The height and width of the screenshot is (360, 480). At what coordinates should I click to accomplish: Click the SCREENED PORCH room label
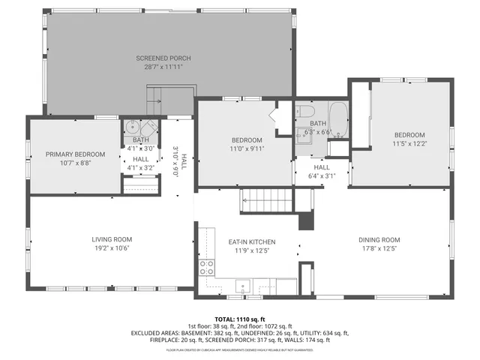click(163, 58)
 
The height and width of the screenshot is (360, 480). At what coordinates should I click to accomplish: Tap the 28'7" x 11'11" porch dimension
click(163, 67)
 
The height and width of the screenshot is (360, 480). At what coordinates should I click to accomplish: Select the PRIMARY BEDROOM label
click(75, 154)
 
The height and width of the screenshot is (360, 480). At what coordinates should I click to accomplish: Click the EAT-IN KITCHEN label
click(252, 241)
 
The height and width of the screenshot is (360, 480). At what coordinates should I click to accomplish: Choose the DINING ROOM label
click(379, 239)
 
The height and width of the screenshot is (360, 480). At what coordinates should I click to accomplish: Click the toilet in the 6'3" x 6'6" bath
click(305, 113)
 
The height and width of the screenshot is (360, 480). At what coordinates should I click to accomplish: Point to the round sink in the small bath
click(132, 127)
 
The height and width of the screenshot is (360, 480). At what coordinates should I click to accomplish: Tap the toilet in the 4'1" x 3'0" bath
click(149, 127)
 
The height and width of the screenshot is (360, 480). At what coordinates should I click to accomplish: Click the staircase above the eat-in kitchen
click(265, 201)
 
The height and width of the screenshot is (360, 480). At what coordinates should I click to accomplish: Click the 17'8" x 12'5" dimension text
click(379, 248)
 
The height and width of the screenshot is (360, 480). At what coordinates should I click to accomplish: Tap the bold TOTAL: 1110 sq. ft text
click(240, 319)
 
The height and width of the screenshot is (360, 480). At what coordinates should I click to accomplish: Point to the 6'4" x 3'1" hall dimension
click(321, 176)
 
